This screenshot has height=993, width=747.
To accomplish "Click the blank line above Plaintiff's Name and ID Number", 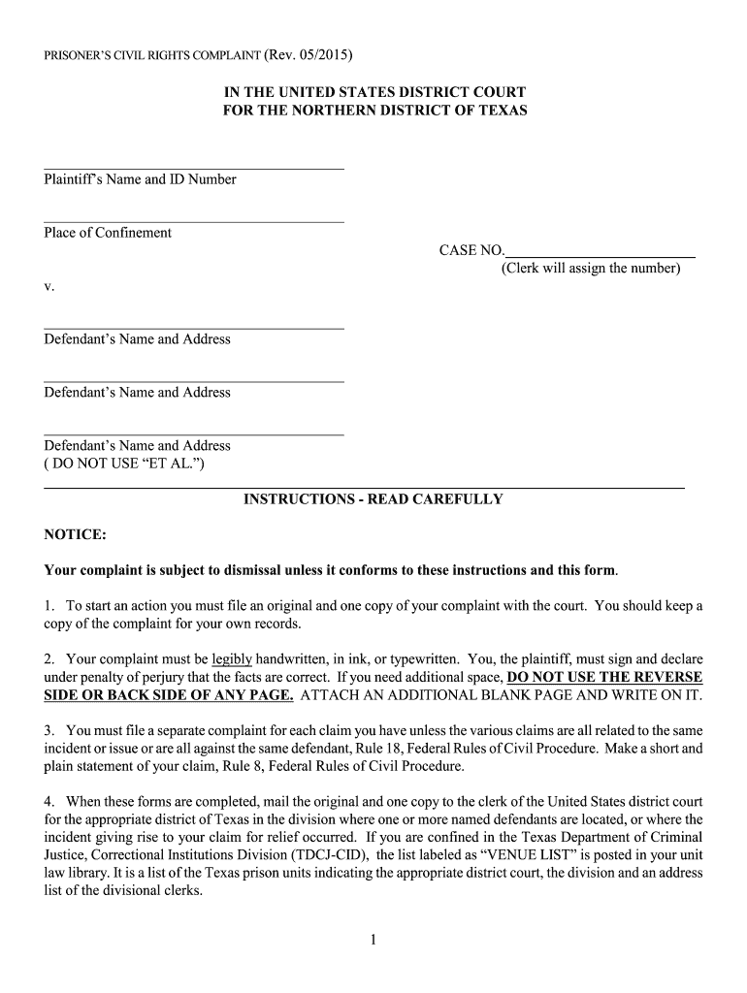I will pyautogui.click(x=194, y=169).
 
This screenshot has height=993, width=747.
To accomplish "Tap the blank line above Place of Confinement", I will pyautogui.click(x=194, y=222).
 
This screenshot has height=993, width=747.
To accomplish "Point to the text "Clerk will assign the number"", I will pyautogui.click(x=591, y=268).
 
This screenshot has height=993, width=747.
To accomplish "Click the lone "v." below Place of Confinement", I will pyautogui.click(x=49, y=287).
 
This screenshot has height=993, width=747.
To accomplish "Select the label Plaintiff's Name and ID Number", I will pyautogui.click(x=140, y=179).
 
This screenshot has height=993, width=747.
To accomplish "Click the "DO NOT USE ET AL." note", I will pyautogui.click(x=124, y=463).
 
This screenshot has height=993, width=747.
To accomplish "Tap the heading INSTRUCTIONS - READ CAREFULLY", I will pyautogui.click(x=373, y=499).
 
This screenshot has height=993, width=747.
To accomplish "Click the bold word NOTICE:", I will pyautogui.click(x=75, y=535).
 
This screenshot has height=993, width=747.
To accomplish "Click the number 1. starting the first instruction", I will pyautogui.click(x=49, y=606).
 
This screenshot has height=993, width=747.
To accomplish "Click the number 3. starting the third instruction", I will pyautogui.click(x=49, y=730).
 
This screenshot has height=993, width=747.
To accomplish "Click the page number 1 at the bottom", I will pyautogui.click(x=373, y=939).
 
